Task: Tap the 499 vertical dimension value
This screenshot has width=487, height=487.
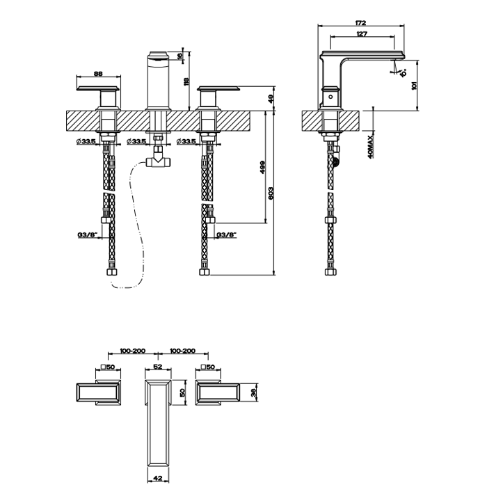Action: coord(262,169)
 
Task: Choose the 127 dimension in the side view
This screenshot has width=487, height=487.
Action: coord(362,33)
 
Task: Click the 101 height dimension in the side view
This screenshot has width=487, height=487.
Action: coord(415,85)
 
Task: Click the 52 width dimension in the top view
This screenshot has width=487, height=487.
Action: coord(158,367)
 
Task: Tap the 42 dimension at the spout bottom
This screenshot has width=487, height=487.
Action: coord(158,478)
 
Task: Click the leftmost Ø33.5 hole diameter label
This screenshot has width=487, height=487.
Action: coord(87,142)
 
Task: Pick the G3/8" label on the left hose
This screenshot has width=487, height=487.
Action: coord(87,236)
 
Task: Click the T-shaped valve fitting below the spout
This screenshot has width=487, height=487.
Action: coord(159,161)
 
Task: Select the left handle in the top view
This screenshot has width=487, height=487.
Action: coord(99,394)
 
